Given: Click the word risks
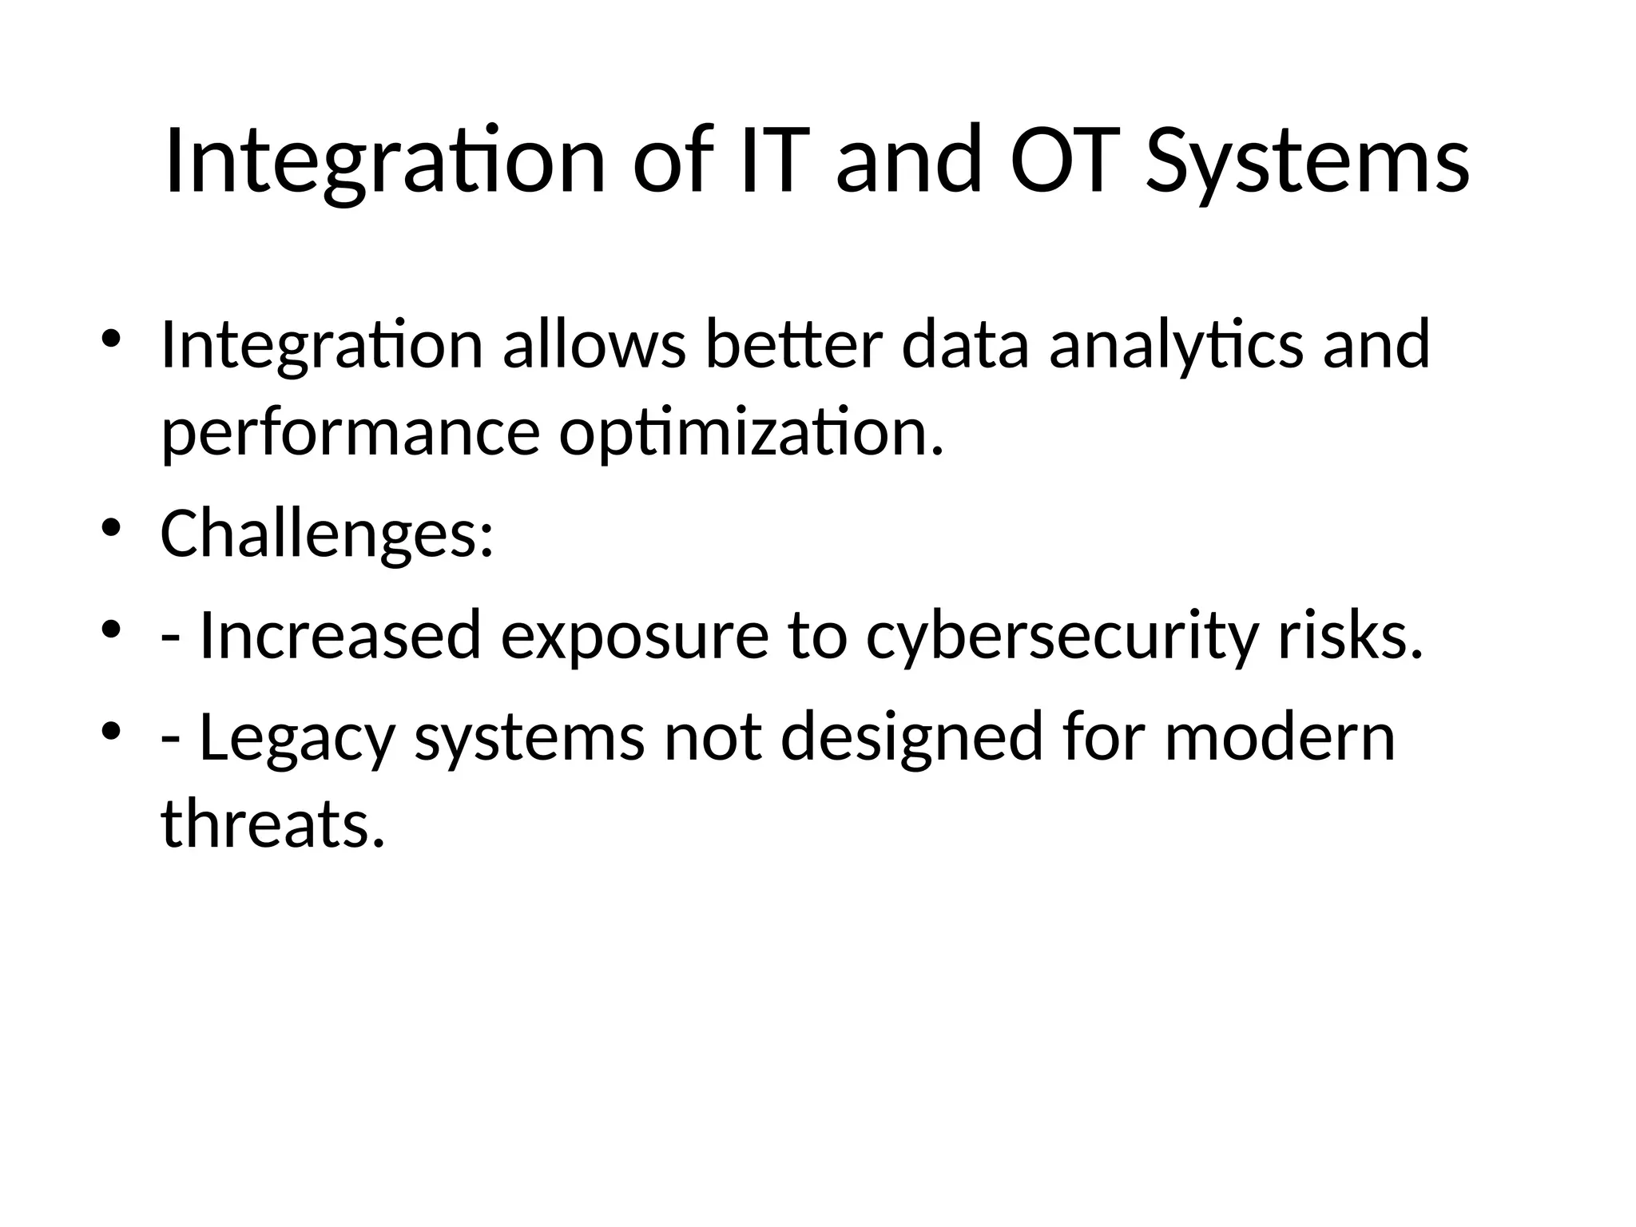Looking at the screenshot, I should click(x=1350, y=636).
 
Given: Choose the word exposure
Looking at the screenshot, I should click(x=634, y=636).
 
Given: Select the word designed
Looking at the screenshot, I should click(x=911, y=737).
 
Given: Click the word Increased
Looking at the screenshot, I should click(x=340, y=636).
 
